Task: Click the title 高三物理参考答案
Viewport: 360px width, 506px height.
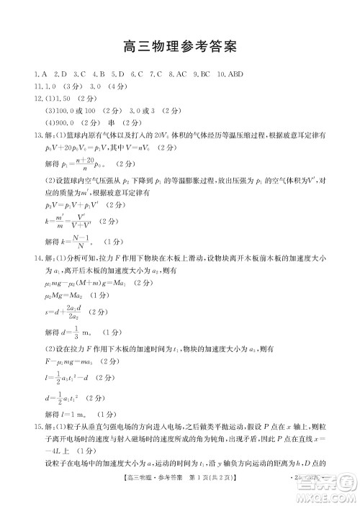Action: point(180,48)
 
